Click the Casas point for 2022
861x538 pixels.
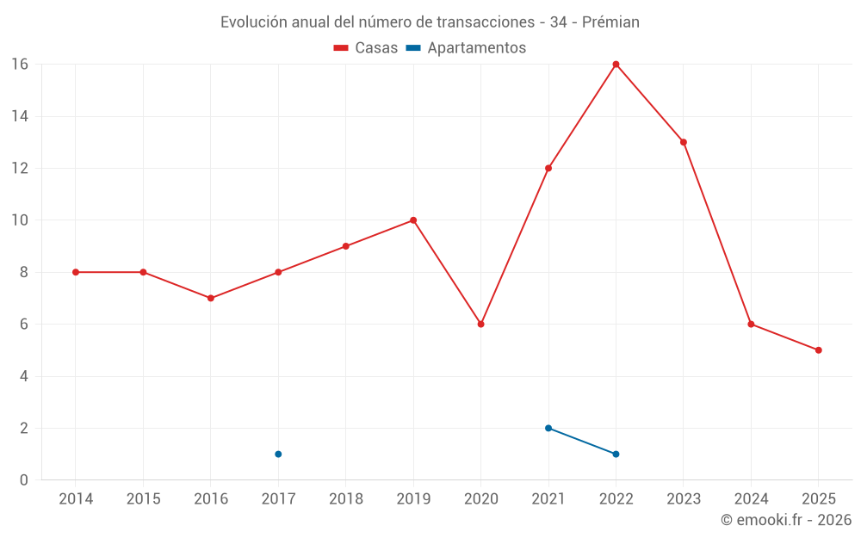tap(616, 64)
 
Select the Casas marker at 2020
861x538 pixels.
tap(480, 325)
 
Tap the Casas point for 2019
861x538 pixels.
tap(413, 220)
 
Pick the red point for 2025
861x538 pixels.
tap(818, 350)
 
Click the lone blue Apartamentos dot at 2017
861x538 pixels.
tap(278, 455)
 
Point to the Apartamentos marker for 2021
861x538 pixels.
tap(548, 428)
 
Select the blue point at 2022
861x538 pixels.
tap(616, 455)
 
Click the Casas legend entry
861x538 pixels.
tap(366, 48)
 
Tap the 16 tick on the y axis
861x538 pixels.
tap(20, 65)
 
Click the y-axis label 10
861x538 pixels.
tap(20, 220)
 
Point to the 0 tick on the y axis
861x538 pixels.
tap(24, 480)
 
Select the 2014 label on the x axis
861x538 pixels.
tap(76, 499)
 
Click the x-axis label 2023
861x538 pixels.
tap(684, 499)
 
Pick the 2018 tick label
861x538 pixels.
tap(345, 499)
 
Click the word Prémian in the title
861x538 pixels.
tap(610, 22)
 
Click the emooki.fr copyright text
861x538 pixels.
tap(786, 520)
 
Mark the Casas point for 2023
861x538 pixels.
tap(684, 142)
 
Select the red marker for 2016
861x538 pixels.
tap(211, 299)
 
